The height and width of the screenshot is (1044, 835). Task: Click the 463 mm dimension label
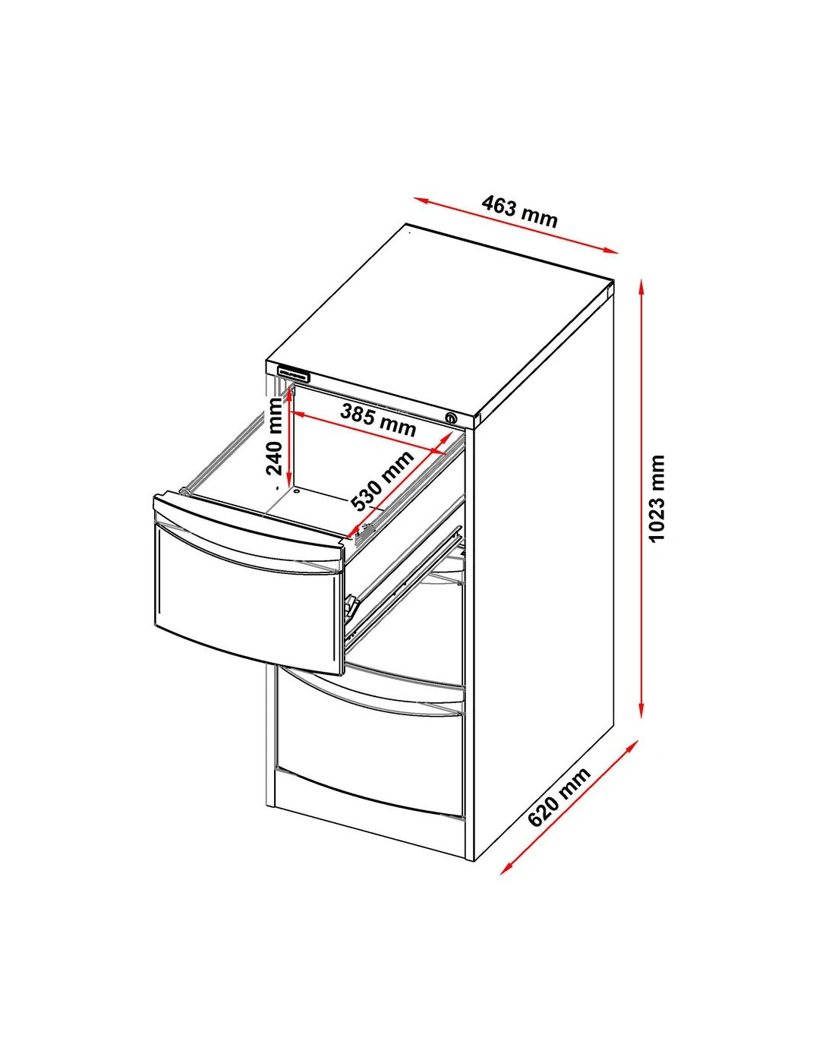pos(519,212)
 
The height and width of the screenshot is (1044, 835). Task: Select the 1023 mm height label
pos(657,498)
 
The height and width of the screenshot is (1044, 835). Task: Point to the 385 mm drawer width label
pos(378,420)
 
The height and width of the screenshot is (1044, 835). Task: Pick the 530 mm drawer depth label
pos(383,481)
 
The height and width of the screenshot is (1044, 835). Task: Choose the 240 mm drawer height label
pos(275,437)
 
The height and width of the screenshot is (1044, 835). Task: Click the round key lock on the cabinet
pos(452,418)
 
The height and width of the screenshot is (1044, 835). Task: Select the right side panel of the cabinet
pos(544,582)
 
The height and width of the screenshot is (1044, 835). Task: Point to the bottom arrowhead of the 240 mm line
pos(290,480)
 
